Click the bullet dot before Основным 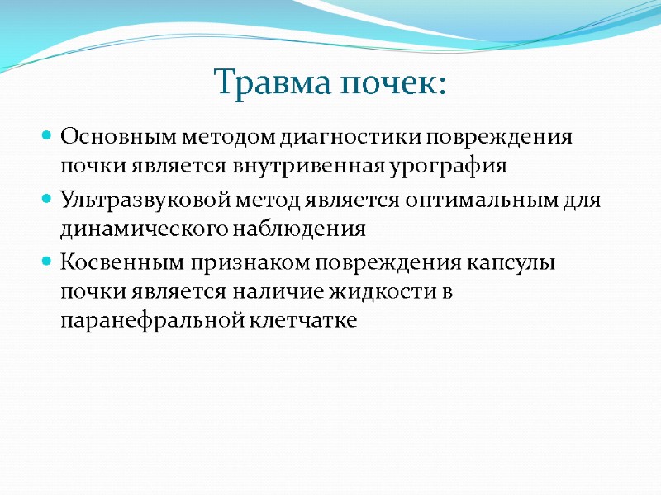coord(46,135)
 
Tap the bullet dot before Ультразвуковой coord(46,199)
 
